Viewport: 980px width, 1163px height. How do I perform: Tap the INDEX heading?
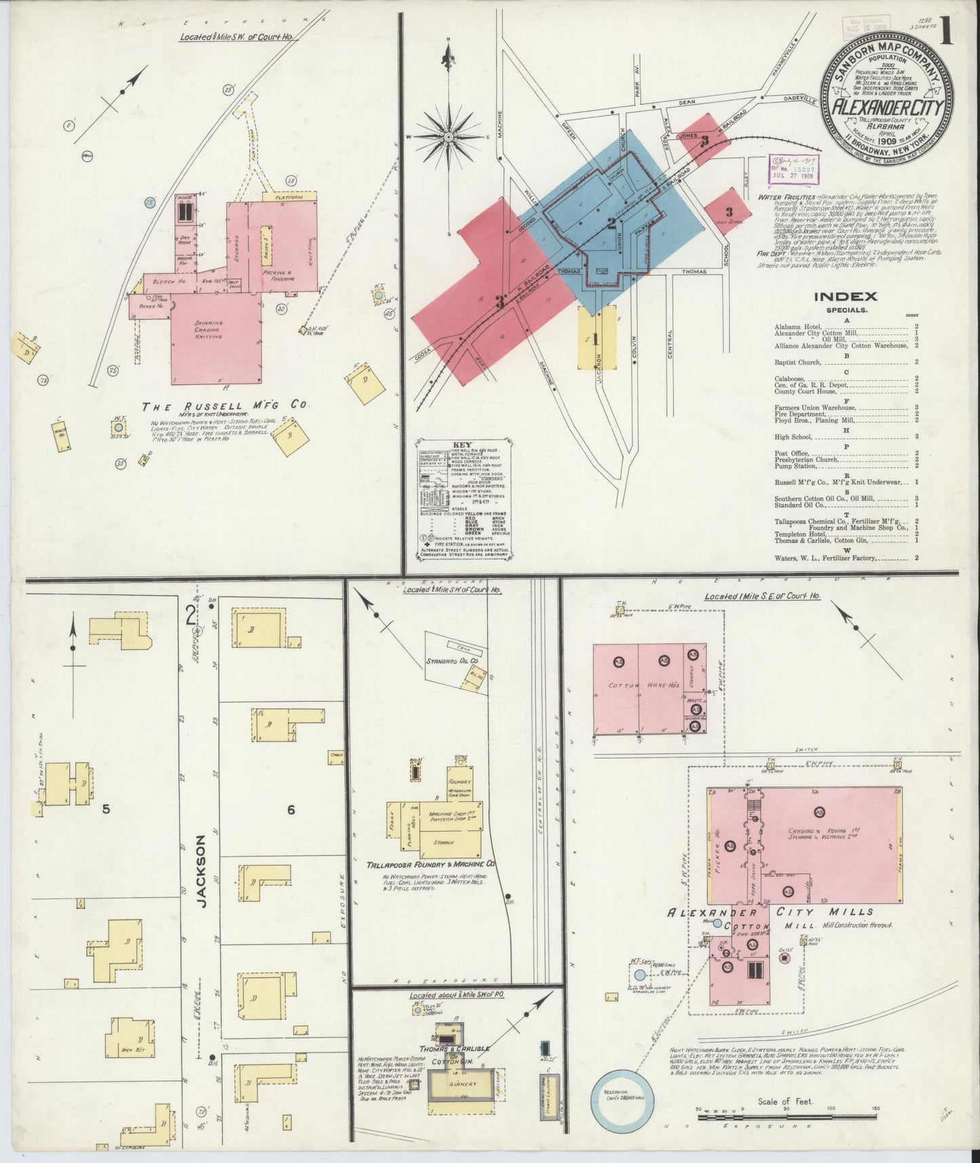pos(844,296)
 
